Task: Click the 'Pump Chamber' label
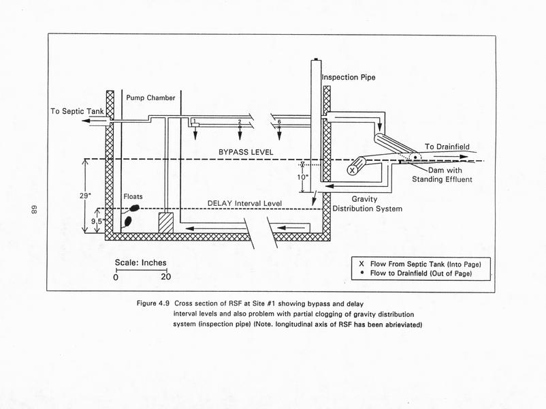[150, 98]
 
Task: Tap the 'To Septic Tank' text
[77, 110]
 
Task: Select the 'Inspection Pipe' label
[348, 78]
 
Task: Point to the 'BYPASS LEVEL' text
[246, 151]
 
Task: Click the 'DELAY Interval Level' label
[244, 203]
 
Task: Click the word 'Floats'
[133, 196]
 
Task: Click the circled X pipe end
[353, 170]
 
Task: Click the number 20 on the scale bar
[165, 277]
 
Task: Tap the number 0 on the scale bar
[116, 277]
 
